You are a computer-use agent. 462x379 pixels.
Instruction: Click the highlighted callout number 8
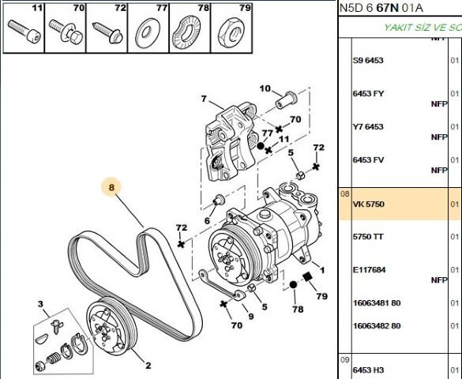pyautogui.click(x=112, y=188)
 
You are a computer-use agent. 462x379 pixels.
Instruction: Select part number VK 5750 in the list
pyautogui.click(x=368, y=204)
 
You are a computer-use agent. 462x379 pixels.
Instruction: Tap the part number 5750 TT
pyautogui.click(x=367, y=237)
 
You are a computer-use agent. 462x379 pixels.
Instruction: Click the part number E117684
pyautogui.click(x=368, y=270)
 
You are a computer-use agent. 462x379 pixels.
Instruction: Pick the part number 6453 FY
pyautogui.click(x=368, y=93)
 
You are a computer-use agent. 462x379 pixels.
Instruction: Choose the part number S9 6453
pyautogui.click(x=367, y=60)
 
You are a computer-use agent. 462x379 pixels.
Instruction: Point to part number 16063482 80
pyautogui.click(x=376, y=325)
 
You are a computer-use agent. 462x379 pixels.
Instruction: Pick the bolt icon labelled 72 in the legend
pyautogui.click(x=105, y=32)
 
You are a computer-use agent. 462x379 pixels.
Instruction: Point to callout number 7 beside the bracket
pyautogui.click(x=203, y=99)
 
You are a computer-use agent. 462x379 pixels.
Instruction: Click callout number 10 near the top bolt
pyautogui.click(x=265, y=88)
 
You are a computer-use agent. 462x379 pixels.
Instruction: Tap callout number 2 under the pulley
pyautogui.click(x=147, y=365)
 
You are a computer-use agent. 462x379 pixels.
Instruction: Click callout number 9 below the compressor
pyautogui.click(x=250, y=317)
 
